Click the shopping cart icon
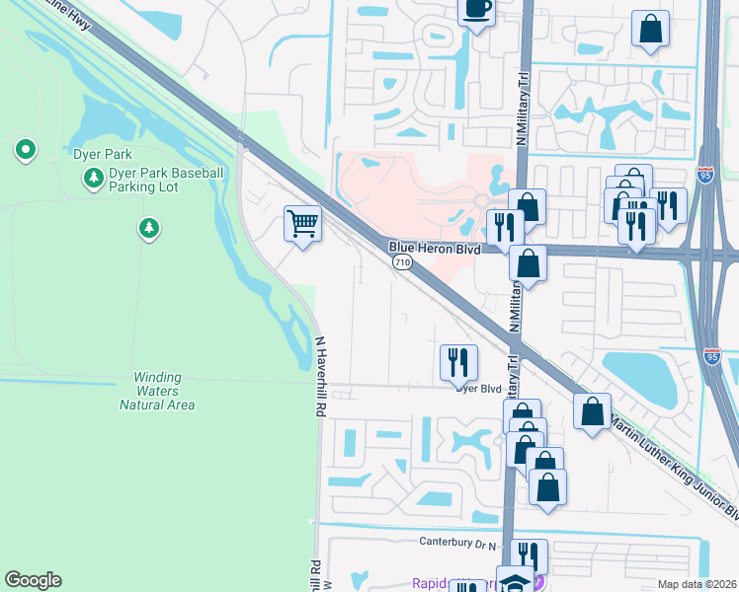[303, 223]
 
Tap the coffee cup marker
[476, 9]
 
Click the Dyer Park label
[103, 155]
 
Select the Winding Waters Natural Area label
[158, 391]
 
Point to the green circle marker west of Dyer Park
[25, 150]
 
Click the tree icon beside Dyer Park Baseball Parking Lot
[94, 178]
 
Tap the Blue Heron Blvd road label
[435, 250]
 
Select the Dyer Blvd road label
[479, 388]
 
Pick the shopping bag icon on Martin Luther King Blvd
[592, 410]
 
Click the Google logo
[33, 580]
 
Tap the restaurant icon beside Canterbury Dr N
[529, 555]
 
